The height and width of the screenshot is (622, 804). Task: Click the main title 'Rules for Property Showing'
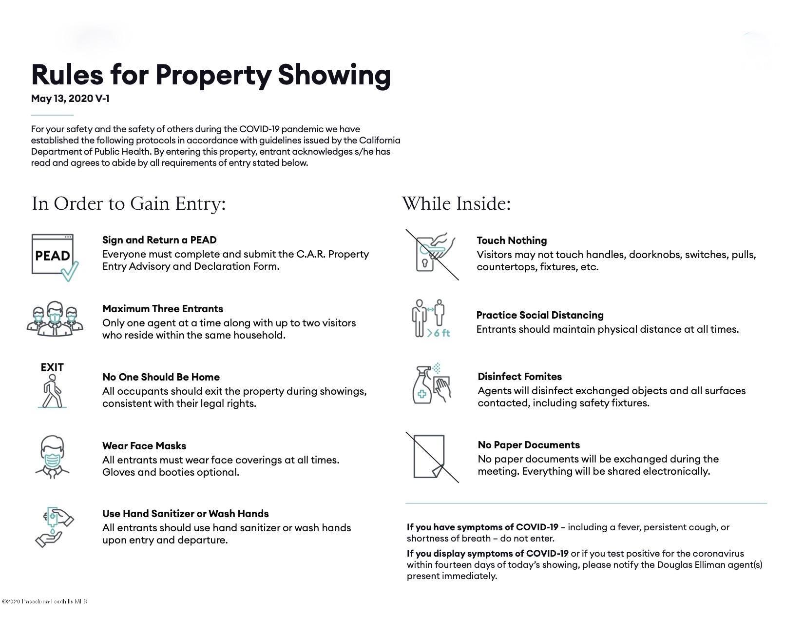[211, 75]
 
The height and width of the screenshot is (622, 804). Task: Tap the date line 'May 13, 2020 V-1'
[70, 99]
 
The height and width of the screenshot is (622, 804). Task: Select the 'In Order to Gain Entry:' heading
[129, 203]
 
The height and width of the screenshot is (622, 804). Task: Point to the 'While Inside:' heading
[456, 203]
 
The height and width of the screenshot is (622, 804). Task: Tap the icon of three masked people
[55, 318]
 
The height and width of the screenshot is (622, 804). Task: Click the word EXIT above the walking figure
[52, 367]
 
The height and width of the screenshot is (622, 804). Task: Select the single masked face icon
[52, 456]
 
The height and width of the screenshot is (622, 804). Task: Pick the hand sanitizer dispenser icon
[54, 526]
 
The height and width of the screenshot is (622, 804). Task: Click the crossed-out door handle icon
[432, 255]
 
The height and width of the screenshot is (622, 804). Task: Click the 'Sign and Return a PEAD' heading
[159, 240]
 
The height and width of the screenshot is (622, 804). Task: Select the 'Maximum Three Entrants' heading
[163, 309]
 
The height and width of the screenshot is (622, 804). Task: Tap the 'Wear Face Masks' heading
[144, 446]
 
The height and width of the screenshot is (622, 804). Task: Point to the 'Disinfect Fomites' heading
[519, 377]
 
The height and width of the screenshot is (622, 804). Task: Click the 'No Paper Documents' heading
[529, 445]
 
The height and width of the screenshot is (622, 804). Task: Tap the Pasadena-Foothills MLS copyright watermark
[44, 602]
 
